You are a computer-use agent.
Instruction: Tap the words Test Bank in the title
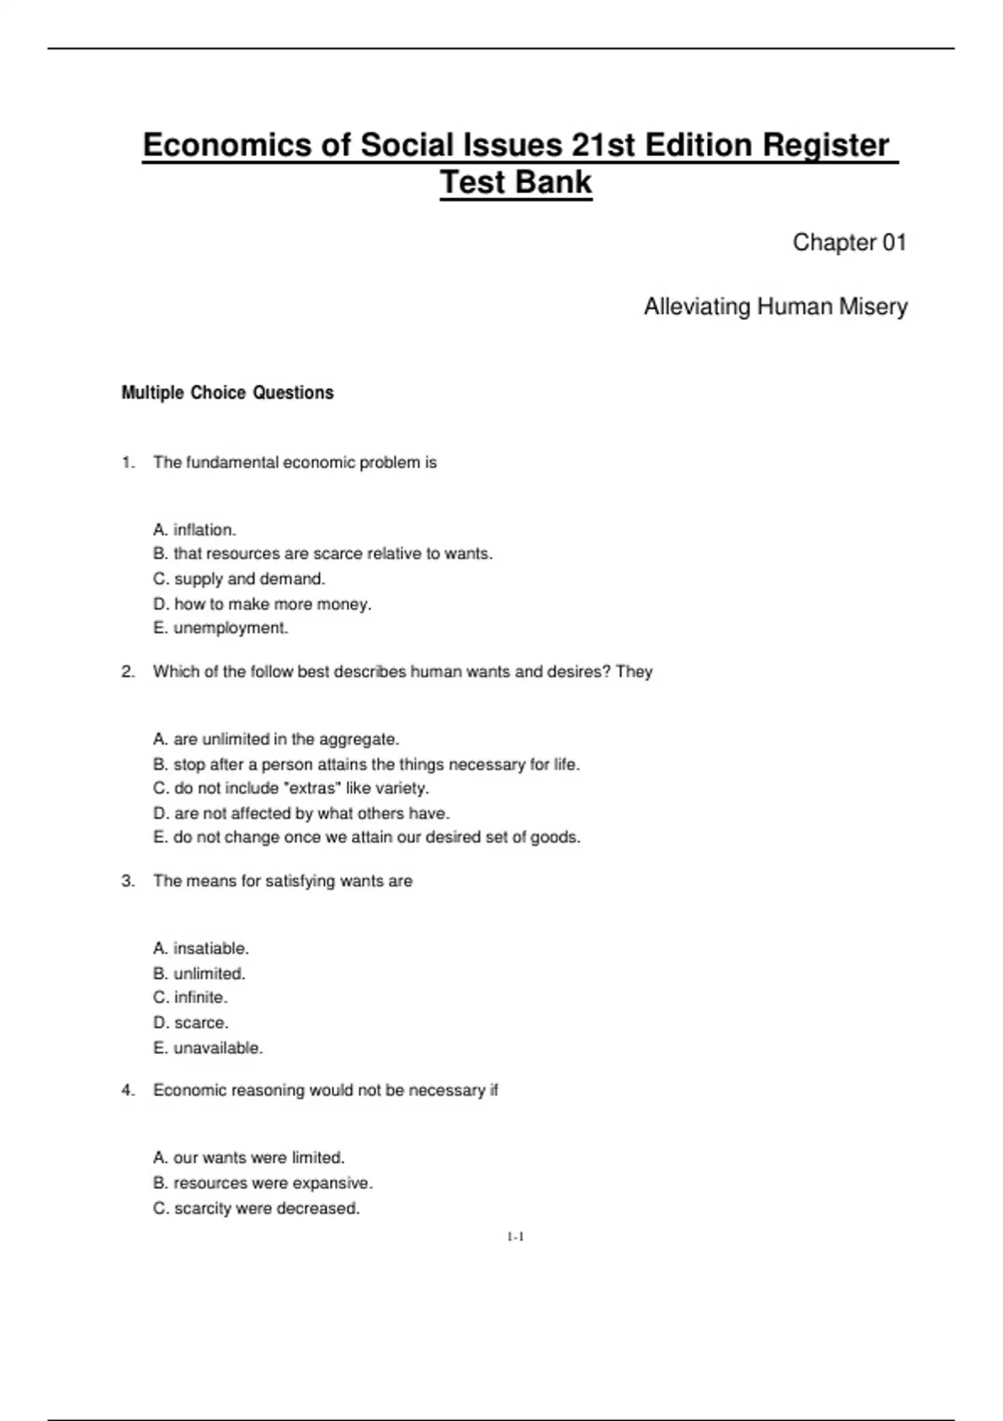pyautogui.click(x=516, y=182)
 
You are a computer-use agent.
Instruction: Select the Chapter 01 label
pyautogui.click(x=849, y=242)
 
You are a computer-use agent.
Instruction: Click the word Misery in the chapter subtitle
pyautogui.click(x=873, y=307)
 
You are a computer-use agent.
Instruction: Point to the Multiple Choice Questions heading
pyautogui.click(x=227, y=393)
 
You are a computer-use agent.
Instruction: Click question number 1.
pyautogui.click(x=128, y=463)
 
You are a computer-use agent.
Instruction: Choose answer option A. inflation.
pyautogui.click(x=195, y=530)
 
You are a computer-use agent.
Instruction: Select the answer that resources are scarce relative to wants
pyautogui.click(x=323, y=554)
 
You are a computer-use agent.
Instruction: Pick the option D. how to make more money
pyautogui.click(x=262, y=604)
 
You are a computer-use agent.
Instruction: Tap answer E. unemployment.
pyautogui.click(x=221, y=629)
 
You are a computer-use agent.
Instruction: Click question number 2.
pyautogui.click(x=128, y=672)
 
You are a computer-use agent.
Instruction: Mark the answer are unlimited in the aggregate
pyautogui.click(x=277, y=740)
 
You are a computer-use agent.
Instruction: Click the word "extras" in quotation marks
pyautogui.click(x=313, y=788)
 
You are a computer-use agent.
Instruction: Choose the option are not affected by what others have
pyautogui.click(x=302, y=813)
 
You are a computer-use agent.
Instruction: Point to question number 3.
pyautogui.click(x=128, y=881)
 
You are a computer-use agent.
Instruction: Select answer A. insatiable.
pyautogui.click(x=201, y=949)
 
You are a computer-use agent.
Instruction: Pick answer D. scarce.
pyautogui.click(x=191, y=1023)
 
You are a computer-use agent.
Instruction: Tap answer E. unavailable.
pyautogui.click(x=208, y=1048)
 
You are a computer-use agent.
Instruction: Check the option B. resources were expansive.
pyautogui.click(x=263, y=1184)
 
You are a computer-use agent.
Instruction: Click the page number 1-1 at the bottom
pyautogui.click(x=515, y=1237)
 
